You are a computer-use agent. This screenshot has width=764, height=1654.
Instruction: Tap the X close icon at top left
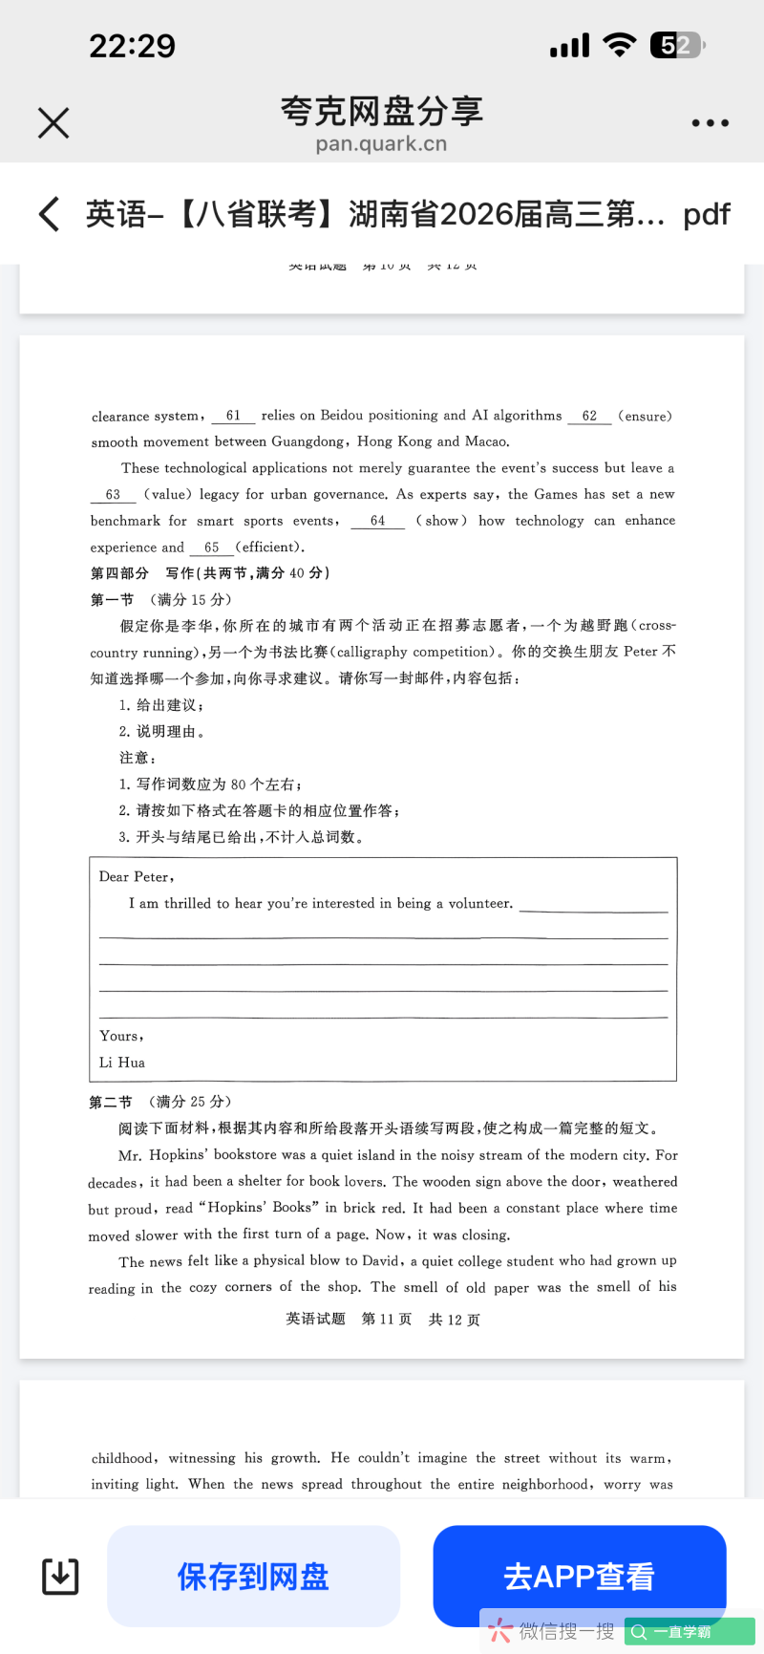pos(53,122)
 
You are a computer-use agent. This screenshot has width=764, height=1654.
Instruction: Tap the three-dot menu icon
pos(710,123)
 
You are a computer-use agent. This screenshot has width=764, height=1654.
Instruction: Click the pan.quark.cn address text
pos(381,144)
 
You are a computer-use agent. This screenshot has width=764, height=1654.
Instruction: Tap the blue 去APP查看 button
pos(579,1576)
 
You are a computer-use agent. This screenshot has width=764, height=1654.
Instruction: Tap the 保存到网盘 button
pos(253,1576)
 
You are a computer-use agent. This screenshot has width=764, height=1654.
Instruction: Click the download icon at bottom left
pos(60,1576)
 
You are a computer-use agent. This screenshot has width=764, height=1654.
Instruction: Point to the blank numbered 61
pos(233,416)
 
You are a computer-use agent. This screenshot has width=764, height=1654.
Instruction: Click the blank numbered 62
pos(589,416)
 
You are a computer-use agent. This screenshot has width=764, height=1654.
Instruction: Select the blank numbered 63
pos(113,494)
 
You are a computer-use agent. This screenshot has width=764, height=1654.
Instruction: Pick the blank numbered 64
pos(377,521)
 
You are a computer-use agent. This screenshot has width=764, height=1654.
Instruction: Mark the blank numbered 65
pos(211,548)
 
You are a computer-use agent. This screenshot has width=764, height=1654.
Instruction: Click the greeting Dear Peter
pos(136,877)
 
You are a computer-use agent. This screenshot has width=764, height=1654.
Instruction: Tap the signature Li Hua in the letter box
pos(122,1063)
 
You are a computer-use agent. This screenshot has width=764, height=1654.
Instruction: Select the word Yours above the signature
pos(120,1036)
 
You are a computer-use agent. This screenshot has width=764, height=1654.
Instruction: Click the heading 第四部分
pos(119,573)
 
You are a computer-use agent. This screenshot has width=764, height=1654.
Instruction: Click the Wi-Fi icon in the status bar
pos(620,45)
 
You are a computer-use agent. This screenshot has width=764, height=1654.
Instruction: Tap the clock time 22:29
pos(132,46)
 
